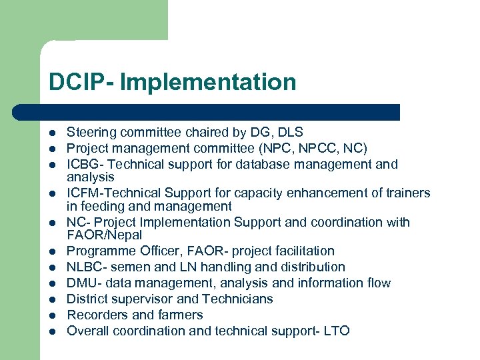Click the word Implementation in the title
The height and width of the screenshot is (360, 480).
click(208, 83)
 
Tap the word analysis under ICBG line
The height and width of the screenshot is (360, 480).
click(91, 177)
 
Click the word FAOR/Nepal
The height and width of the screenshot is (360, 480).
click(105, 235)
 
